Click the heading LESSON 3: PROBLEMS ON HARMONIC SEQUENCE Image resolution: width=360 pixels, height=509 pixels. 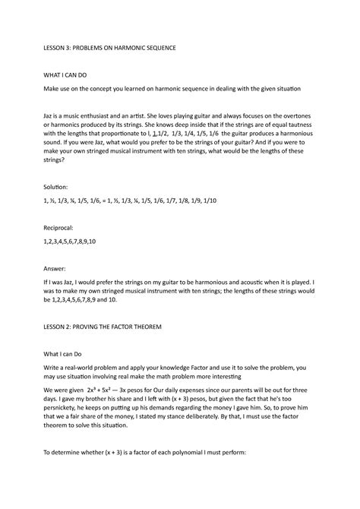coord(109,47)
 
